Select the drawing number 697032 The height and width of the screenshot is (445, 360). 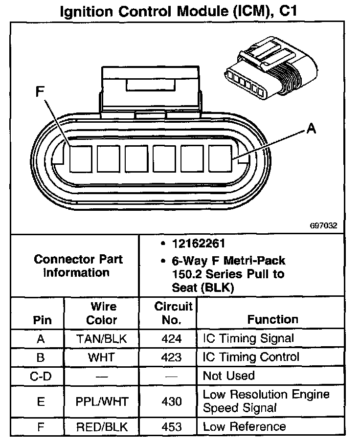click(323, 226)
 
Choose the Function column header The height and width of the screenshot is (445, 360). click(272, 319)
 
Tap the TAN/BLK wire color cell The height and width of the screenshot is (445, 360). click(102, 338)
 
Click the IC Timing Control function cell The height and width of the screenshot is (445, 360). click(250, 357)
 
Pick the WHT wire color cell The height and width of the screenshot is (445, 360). click(102, 357)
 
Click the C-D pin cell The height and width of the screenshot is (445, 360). click(41, 376)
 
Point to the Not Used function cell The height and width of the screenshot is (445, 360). click(229, 376)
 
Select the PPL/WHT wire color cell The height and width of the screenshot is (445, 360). click(102, 401)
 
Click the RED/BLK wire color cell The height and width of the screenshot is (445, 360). click(102, 427)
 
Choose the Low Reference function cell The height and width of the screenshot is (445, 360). click(245, 427)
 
